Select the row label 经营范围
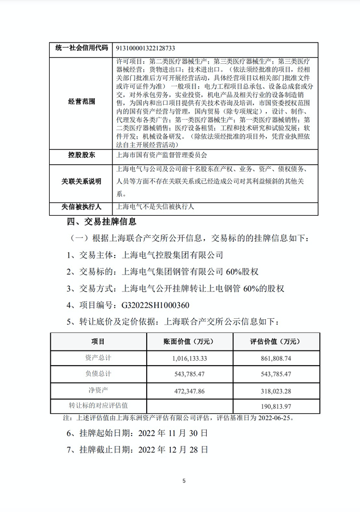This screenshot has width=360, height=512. click(x=81, y=102)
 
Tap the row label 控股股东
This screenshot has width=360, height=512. click(x=81, y=156)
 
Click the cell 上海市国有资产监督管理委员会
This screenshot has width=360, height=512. click(x=163, y=156)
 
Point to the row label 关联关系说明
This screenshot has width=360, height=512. click(x=81, y=181)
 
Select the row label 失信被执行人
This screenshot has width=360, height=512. click(x=81, y=207)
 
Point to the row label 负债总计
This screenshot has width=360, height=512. click(x=98, y=374)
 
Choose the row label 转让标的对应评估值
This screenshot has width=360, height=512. click(x=98, y=406)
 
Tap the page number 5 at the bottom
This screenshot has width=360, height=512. click(x=184, y=481)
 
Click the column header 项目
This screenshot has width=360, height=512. click(x=98, y=342)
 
